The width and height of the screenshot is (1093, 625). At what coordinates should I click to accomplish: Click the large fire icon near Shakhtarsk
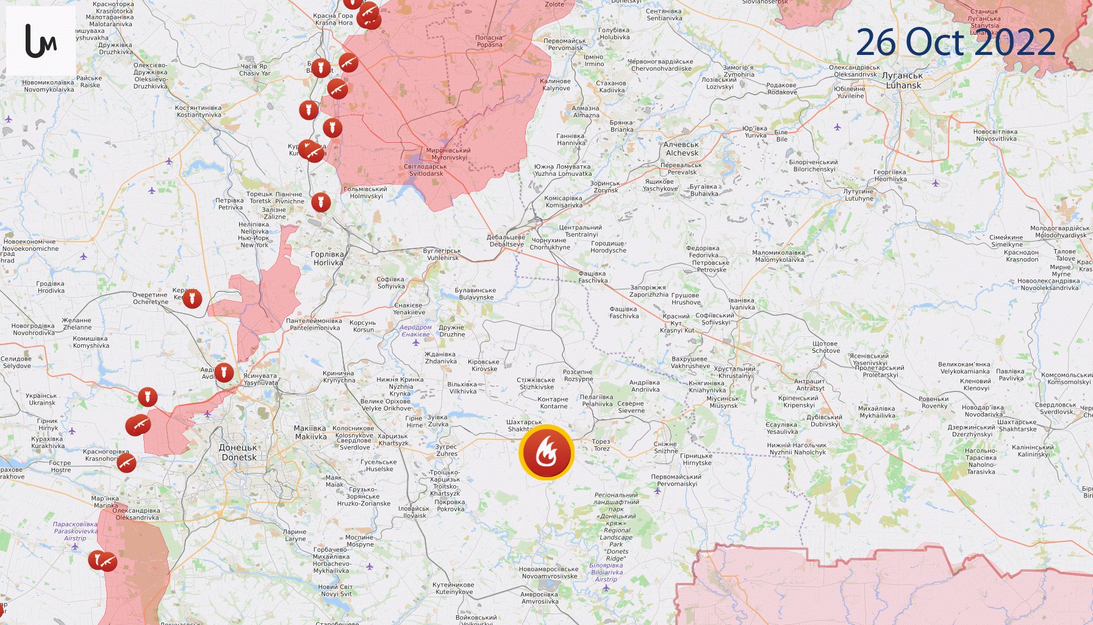point(546,452)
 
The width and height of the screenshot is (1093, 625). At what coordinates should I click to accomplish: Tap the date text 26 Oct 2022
point(955,42)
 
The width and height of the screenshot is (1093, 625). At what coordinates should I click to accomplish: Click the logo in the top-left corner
point(41,41)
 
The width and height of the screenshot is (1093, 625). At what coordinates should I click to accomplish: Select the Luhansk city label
point(903,81)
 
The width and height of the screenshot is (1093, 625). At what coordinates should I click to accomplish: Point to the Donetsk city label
point(238,452)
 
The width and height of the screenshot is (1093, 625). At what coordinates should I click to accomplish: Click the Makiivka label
point(310,433)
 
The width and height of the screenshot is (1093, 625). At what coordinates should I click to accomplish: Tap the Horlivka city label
point(328,259)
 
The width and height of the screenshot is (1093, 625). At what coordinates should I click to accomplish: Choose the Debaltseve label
point(506,241)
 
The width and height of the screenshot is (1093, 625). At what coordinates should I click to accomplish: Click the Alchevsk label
point(682,149)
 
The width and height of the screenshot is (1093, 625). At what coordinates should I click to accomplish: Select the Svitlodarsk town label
point(426,170)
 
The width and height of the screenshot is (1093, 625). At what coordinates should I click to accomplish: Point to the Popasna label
point(489,41)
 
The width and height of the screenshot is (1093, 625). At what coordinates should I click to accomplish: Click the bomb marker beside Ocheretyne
point(192,298)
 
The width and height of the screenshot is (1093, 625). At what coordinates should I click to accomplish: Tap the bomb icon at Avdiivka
point(224,372)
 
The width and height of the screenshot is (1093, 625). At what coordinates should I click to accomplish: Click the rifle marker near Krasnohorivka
point(126,462)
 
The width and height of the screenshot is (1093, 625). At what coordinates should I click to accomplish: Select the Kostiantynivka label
point(198,111)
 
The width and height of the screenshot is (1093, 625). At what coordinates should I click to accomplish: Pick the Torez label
point(601,445)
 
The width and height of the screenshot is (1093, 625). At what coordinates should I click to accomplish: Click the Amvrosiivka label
point(539,598)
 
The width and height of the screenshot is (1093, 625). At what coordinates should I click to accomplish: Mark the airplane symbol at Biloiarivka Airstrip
point(606,588)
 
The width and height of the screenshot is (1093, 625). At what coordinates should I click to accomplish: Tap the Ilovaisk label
point(414,512)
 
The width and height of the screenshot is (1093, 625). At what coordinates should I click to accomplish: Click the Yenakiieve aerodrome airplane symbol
point(416,342)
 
